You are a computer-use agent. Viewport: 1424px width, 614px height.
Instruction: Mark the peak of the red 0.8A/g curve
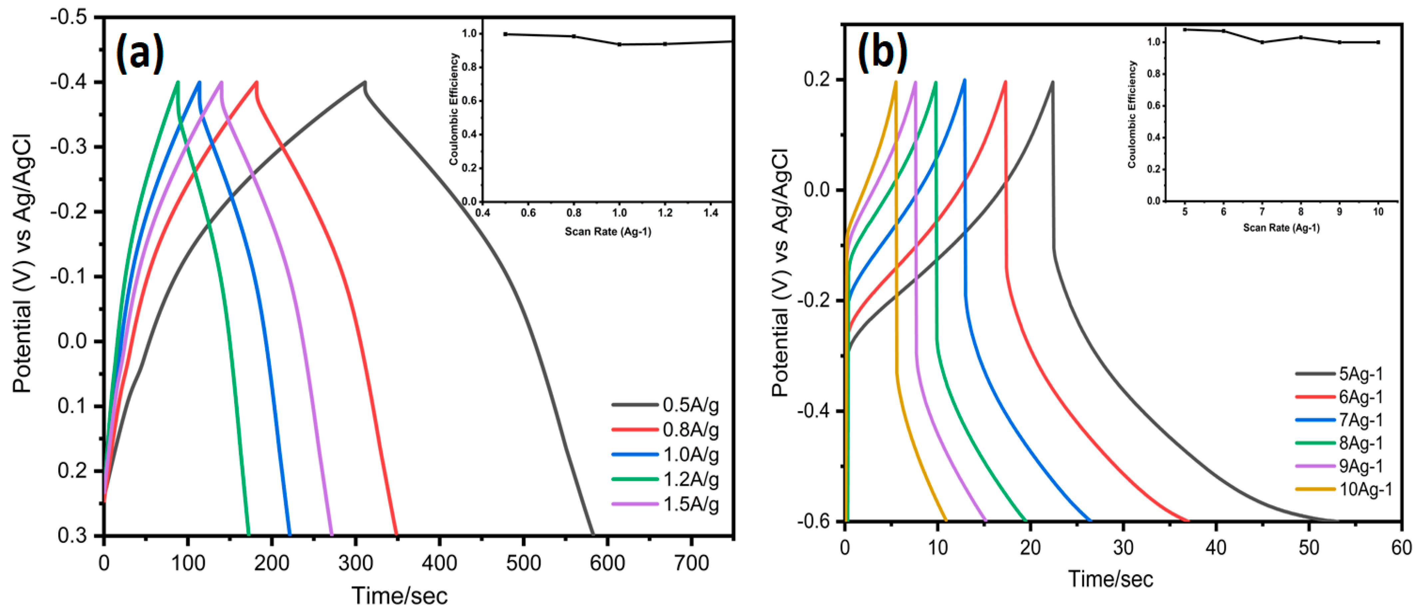click(256, 82)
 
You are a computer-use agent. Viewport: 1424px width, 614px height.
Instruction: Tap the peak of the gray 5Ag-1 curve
click(1053, 82)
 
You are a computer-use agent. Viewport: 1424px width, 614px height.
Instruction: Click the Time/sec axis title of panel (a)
click(399, 596)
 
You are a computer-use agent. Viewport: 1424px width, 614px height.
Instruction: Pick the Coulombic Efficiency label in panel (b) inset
click(1132, 115)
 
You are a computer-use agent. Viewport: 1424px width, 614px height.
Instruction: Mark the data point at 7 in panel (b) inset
click(1262, 42)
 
